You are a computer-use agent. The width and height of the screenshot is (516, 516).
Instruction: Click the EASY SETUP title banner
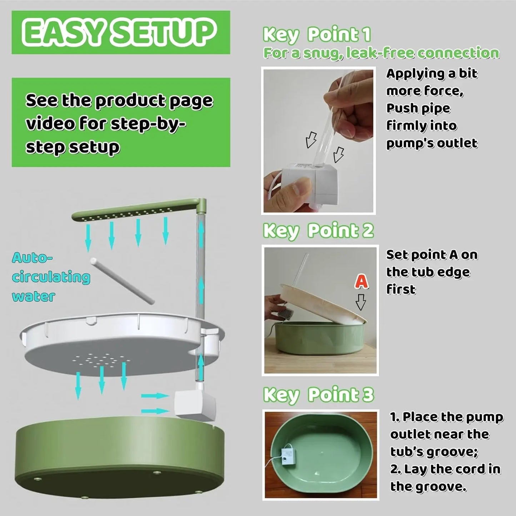pyautogui.click(x=121, y=32)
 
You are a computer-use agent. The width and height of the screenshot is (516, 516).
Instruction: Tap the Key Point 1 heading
pyautogui.click(x=316, y=35)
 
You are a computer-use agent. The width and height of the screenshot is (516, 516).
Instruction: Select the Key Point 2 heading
pyautogui.click(x=318, y=231)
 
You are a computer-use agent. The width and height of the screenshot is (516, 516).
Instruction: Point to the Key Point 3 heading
pyautogui.click(x=318, y=395)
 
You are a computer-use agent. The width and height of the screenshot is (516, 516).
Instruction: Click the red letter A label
pyautogui.click(x=361, y=281)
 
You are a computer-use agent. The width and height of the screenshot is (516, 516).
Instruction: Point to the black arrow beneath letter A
pyautogui.click(x=361, y=302)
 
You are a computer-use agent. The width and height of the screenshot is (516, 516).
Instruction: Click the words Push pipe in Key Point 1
pyautogui.click(x=418, y=108)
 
